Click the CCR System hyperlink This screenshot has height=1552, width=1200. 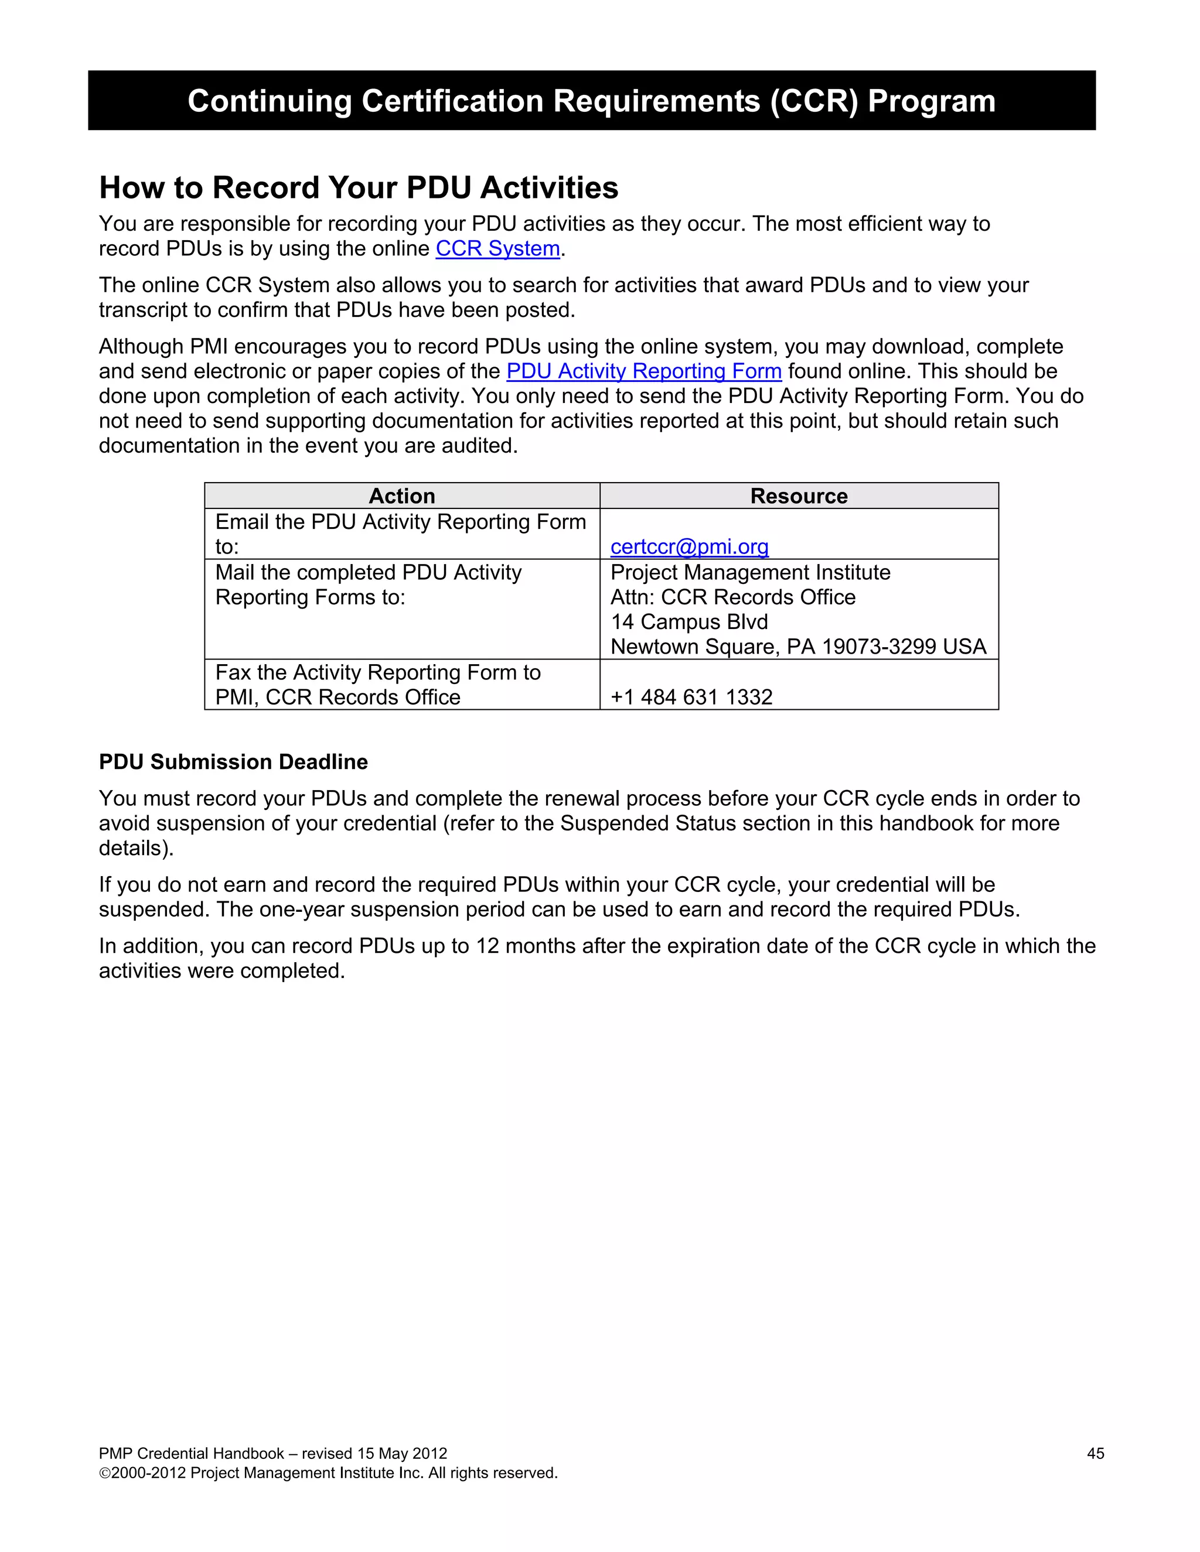point(497,249)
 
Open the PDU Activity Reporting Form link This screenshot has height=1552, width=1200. point(643,371)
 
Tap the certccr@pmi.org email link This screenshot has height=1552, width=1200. point(689,546)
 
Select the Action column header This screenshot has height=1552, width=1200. point(401,496)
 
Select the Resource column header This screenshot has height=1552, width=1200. point(799,496)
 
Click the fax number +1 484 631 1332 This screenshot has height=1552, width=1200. point(691,697)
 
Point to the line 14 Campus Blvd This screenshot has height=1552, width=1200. point(689,622)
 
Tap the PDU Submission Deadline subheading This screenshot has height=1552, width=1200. point(233,762)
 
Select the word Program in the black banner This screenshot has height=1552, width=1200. point(930,101)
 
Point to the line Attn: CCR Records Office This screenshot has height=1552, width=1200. point(732,597)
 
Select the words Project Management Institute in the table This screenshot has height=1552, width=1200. point(750,572)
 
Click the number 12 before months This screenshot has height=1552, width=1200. point(487,946)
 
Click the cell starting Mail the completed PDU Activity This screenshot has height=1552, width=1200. point(368,584)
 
